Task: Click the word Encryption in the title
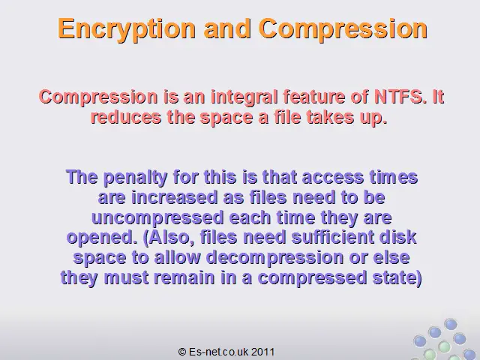127,29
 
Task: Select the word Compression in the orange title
343,29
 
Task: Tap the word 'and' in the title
227,28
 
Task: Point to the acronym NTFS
400,97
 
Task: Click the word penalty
135,178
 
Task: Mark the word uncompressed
157,218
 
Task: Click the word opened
102,238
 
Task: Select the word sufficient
333,237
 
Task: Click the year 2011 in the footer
263,352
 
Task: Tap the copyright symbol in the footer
182,352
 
